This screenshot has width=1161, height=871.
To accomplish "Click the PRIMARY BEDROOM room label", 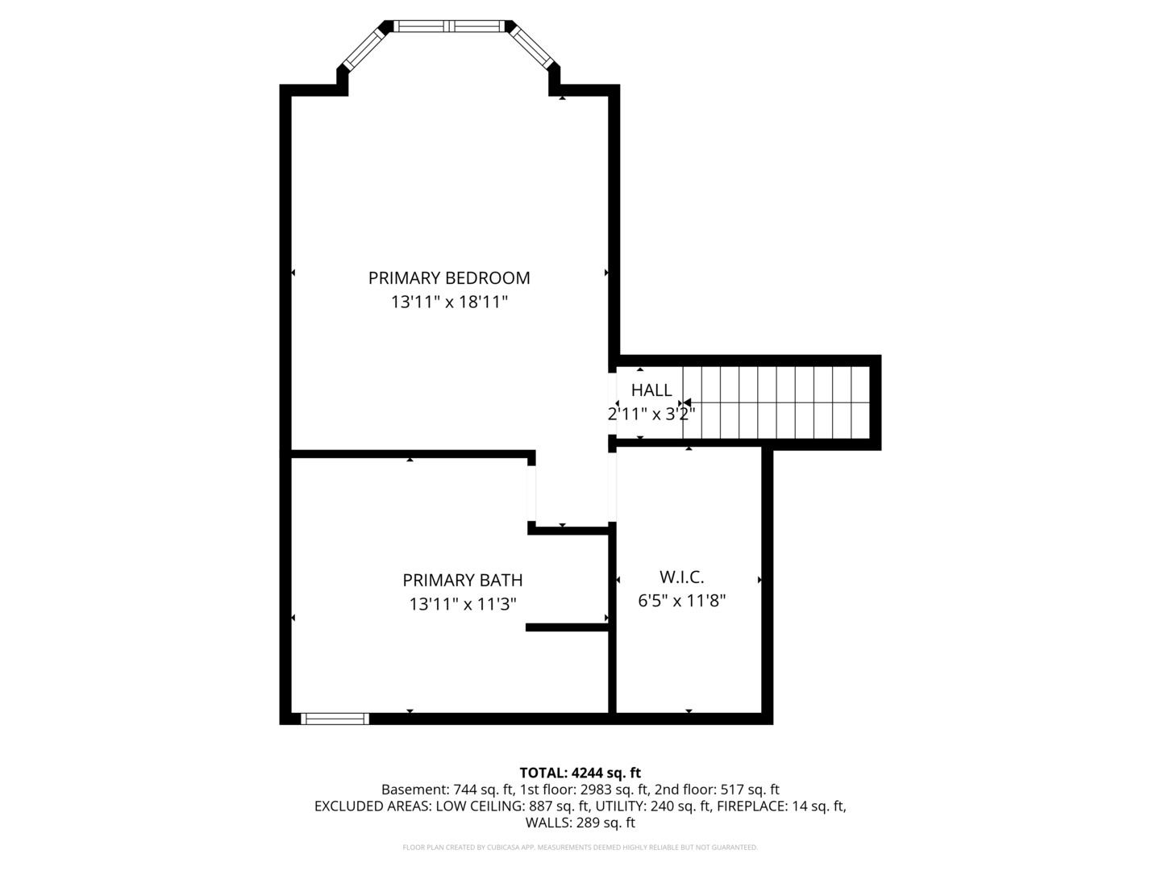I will (449, 278).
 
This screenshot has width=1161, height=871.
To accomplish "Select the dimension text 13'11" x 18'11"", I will (449, 302).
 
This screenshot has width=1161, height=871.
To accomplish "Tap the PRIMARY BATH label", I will (462, 580).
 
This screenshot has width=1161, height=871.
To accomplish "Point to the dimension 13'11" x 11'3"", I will (462, 604).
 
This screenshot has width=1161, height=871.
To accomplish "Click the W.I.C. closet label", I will (681, 577).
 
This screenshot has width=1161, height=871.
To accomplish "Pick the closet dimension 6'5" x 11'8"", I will (682, 601).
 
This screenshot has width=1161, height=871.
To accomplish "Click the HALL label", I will (651, 390).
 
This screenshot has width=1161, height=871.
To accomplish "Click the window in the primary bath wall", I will (335, 719).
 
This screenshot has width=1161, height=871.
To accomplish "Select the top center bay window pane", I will (450, 27).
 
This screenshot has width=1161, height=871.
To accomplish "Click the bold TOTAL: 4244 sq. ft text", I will (580, 773).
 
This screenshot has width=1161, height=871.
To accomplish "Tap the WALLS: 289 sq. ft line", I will (580, 823).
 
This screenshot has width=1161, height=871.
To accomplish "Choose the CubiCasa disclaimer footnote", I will (580, 848).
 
